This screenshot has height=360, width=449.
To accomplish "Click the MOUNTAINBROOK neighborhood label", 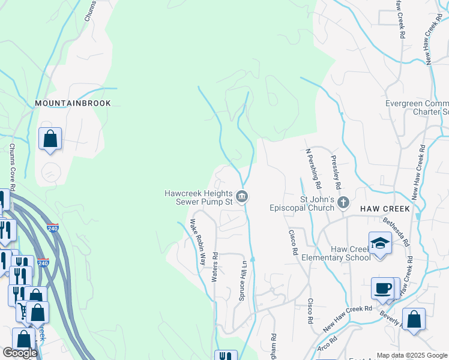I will pyautogui.click(x=73, y=103).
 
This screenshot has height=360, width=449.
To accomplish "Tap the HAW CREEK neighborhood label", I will pyautogui.click(x=385, y=209).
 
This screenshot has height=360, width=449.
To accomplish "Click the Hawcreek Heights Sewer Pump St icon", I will pyautogui.click(x=241, y=197).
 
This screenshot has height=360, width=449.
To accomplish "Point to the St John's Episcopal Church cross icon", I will pyautogui.click(x=343, y=202).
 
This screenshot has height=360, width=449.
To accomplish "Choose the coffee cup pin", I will pyautogui.click(x=383, y=288).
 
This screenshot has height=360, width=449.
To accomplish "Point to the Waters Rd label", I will pyautogui.click(x=214, y=266).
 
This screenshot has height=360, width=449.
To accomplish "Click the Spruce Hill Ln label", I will pyautogui.click(x=244, y=280).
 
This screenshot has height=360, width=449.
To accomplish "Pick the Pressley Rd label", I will pyautogui.click(x=336, y=170).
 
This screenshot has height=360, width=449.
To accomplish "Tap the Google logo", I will pyautogui.click(x=20, y=353).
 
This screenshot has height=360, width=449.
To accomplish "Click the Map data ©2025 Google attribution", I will pyautogui.click(x=411, y=355).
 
